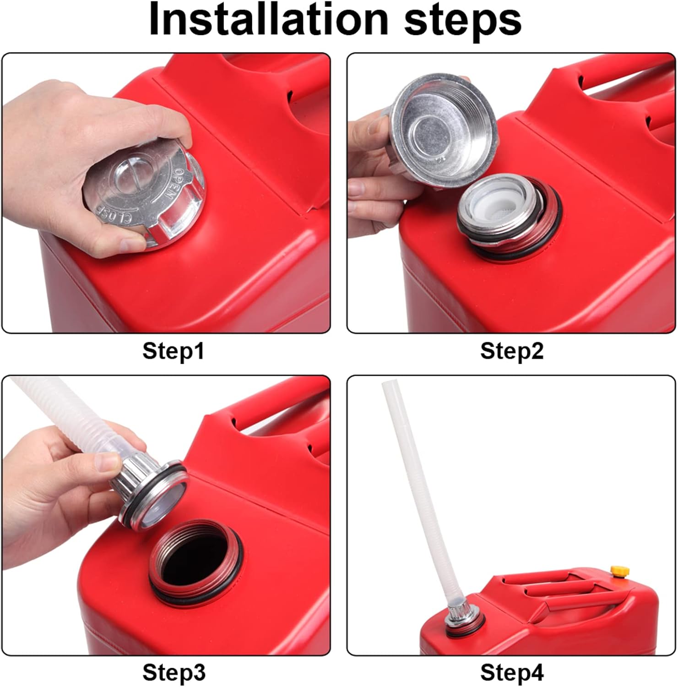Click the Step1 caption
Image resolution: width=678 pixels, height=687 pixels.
173,351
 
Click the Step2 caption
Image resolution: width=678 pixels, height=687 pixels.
512,351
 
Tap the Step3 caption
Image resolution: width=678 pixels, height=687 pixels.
174,672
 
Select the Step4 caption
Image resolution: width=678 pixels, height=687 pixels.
512,672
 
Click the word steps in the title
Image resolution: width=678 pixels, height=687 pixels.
463,22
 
